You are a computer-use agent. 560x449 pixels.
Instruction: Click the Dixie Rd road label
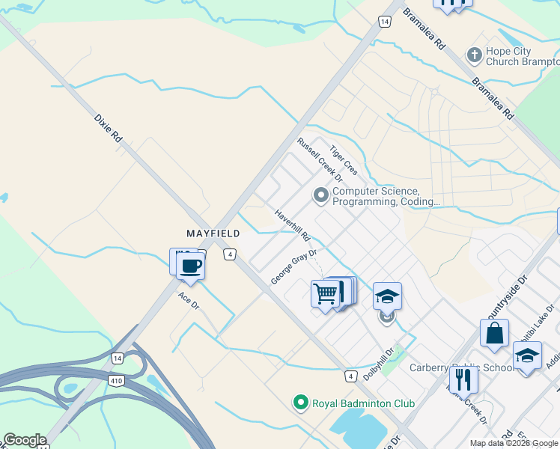click(x=109, y=128)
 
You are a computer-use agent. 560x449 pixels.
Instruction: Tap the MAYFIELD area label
click(x=213, y=234)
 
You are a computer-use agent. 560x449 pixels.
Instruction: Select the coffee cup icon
click(x=191, y=266)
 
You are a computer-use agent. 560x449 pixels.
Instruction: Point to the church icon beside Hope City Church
click(x=473, y=55)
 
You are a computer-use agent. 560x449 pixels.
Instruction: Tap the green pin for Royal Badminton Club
click(x=301, y=403)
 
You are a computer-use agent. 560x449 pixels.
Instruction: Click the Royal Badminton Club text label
click(x=363, y=403)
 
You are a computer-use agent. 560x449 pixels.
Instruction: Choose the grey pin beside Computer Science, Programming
click(x=321, y=196)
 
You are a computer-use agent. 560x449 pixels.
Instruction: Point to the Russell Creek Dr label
click(x=319, y=159)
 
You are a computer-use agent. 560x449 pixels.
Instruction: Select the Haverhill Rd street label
click(x=292, y=224)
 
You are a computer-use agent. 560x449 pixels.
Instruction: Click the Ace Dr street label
click(x=188, y=302)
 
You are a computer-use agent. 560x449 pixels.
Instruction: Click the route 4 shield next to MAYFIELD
click(x=230, y=254)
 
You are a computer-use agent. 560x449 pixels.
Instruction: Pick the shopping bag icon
click(x=495, y=333)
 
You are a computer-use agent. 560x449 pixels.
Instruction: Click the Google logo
click(x=25, y=440)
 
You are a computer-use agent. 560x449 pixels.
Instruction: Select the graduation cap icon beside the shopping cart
click(x=387, y=296)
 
